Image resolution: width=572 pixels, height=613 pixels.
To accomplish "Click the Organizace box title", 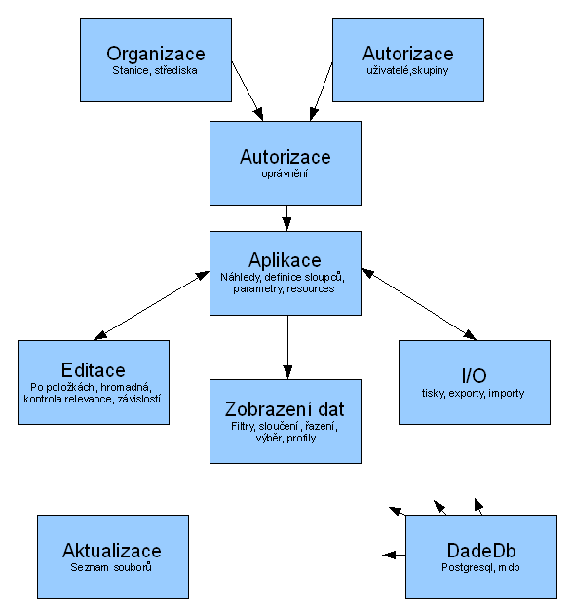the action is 156,54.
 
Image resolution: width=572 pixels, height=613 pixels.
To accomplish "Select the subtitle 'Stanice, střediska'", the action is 155,71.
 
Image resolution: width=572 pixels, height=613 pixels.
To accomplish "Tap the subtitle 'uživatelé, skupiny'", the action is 407,71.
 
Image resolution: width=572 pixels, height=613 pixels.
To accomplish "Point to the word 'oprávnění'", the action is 285,174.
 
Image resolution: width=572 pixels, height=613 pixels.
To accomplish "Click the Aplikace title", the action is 285,260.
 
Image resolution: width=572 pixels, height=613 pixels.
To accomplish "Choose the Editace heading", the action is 93,370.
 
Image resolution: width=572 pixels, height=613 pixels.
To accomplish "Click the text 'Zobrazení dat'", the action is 285,409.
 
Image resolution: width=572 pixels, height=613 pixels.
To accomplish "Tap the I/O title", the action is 474,376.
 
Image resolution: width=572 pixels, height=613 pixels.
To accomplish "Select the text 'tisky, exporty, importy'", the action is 473,393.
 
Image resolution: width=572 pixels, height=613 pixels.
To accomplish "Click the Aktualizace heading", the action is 112,551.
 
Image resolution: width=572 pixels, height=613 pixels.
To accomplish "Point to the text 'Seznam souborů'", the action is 111,567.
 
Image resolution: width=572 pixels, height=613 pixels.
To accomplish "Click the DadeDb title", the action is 481,551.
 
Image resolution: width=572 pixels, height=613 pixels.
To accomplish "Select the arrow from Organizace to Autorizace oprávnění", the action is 248,91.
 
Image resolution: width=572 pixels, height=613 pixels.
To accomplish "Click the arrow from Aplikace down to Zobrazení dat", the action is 287,347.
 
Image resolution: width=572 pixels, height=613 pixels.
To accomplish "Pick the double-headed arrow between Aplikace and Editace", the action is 152,305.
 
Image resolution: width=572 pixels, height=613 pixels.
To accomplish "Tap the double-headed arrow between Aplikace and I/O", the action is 419,304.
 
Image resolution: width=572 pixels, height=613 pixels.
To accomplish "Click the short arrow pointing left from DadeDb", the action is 394,555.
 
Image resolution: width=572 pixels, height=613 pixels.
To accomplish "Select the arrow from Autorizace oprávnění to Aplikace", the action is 286,218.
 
